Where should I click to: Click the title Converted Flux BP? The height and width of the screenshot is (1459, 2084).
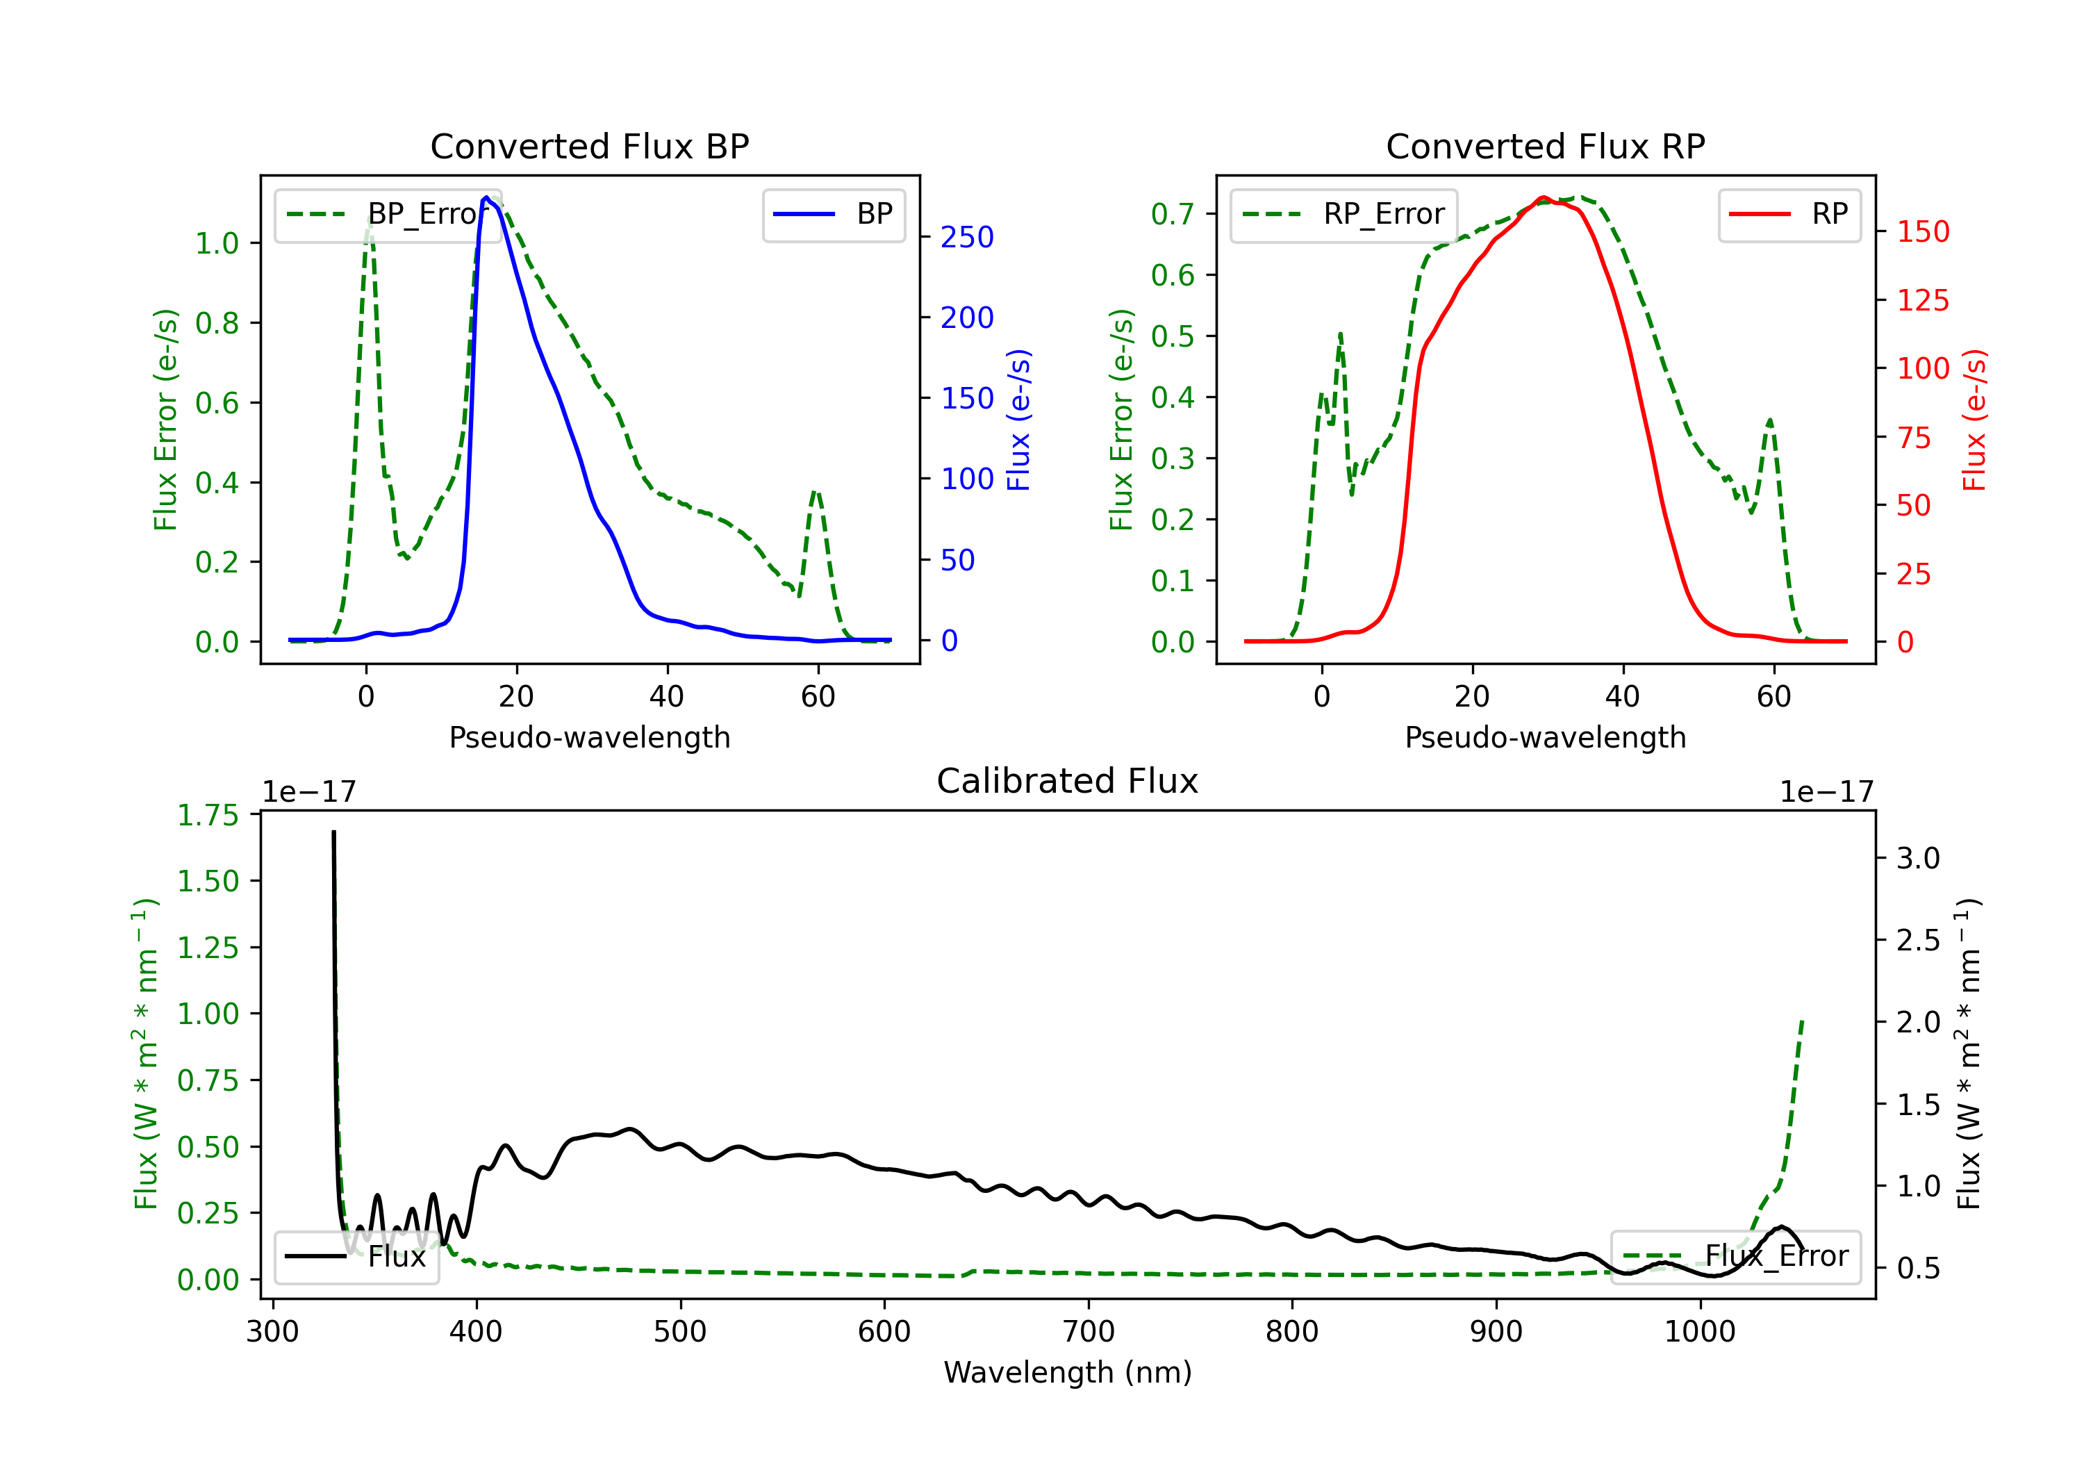tap(589, 146)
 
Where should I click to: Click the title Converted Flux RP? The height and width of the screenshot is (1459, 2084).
tap(1545, 146)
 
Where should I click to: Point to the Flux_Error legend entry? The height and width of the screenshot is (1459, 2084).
tap(1735, 1257)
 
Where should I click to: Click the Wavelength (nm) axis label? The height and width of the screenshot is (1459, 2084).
tap(1068, 1372)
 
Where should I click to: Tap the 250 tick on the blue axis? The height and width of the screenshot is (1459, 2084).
tap(967, 237)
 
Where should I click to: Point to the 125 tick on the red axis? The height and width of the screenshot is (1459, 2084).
tap(1922, 301)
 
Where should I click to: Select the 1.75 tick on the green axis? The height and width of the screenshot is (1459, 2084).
tap(208, 815)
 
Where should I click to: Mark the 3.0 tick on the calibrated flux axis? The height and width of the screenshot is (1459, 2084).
tap(1918, 858)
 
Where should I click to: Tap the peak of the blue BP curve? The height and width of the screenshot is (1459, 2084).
tap(486, 197)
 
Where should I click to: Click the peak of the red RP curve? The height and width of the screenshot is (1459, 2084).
tap(1543, 197)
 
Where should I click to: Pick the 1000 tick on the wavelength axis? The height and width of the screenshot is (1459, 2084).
tap(1699, 1331)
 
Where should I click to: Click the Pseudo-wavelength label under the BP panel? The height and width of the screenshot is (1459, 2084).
tap(589, 737)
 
